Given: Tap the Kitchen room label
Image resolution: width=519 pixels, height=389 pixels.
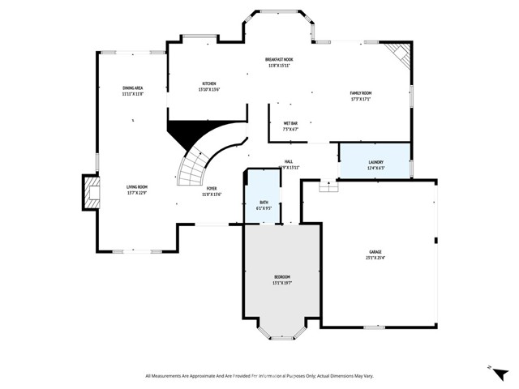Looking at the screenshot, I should pos(209,84).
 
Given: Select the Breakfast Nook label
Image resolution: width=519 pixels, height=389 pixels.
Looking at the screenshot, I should pos(278,60).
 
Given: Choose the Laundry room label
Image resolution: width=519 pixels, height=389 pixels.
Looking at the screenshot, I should pos(375,162).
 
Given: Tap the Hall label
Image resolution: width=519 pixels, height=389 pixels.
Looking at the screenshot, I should pos(288,161).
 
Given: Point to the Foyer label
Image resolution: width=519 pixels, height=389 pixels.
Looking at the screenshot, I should pos(211,189).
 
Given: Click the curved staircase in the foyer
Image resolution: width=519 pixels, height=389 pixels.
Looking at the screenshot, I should pos(195,166).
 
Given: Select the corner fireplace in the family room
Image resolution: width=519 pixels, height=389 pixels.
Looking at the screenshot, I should pos(398,53).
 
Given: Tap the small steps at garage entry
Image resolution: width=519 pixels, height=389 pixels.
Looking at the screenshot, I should pos(328,186).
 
